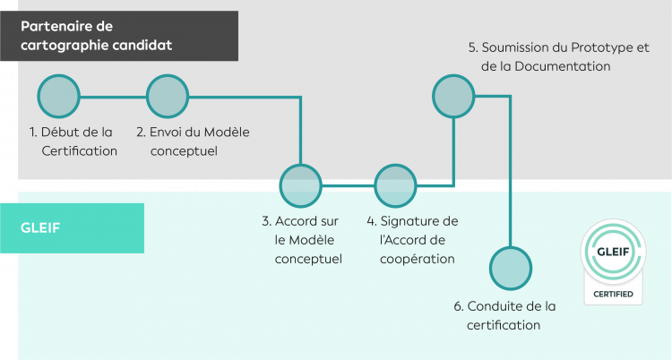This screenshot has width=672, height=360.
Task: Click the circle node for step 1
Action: point(59,96)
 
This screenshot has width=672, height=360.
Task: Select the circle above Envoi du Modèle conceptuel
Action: point(167,96)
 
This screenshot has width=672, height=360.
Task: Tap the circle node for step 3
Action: point(301,185)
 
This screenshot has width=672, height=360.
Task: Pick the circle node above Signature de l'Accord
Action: point(396,185)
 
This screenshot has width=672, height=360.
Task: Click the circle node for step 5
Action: point(454,96)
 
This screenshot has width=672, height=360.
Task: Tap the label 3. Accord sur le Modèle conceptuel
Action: point(300,239)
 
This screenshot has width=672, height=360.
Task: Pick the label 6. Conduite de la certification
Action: point(504,315)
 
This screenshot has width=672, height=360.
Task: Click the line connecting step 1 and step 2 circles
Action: point(113,96)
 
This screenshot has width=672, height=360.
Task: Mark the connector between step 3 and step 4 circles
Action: point(349,185)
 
